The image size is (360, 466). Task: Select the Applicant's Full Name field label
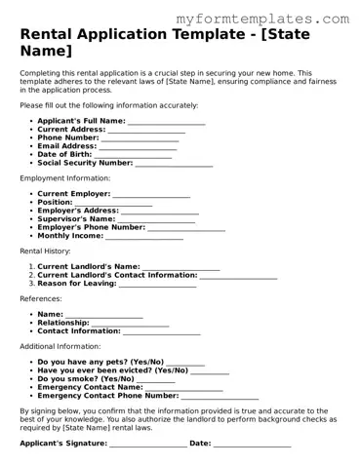click(x=81, y=121)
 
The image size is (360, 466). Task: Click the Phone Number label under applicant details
click(x=68, y=138)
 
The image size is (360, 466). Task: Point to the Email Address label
click(x=66, y=146)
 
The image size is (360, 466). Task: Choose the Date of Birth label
click(x=64, y=155)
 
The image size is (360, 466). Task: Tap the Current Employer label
click(x=73, y=194)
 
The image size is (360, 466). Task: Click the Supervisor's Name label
click(x=75, y=219)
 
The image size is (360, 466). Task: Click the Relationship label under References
click(x=63, y=323)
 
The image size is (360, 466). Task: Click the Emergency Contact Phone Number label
click(x=107, y=396)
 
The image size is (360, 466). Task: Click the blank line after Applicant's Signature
click(x=147, y=445)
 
